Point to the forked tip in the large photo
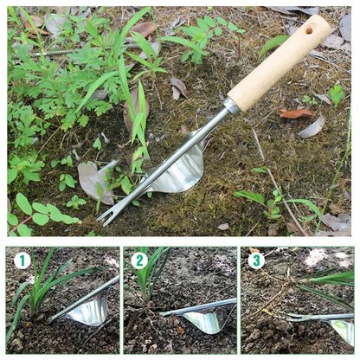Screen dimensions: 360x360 coord(105,216)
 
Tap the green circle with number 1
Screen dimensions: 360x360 coord(22,260)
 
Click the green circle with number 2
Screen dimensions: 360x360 coord(139,260)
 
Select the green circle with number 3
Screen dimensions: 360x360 coord(256,260)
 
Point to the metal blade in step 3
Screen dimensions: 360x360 coord(344,330)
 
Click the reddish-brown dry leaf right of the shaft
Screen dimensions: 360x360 coord(297,113)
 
